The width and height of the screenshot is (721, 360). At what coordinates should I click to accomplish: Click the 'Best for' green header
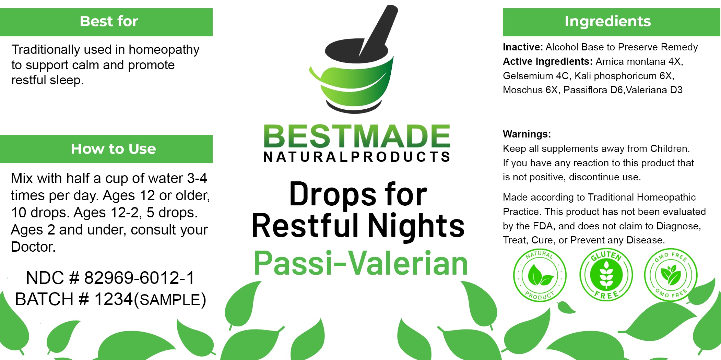[x=106, y=22]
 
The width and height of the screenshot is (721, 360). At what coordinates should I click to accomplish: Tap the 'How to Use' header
[x=106, y=149]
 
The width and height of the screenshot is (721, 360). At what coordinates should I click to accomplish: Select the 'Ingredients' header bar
[x=611, y=22]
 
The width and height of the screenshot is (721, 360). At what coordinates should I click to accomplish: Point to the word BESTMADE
[x=357, y=136]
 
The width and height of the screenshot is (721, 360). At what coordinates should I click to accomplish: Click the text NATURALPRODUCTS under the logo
[x=357, y=157]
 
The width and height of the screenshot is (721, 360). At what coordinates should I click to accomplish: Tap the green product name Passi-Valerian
[x=361, y=263]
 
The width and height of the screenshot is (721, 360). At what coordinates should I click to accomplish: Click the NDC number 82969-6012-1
[x=139, y=278]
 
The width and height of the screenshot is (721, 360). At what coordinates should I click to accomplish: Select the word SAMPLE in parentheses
[x=170, y=300]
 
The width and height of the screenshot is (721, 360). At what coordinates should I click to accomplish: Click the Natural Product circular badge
[x=540, y=275]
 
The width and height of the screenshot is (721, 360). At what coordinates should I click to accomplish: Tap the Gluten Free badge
[x=606, y=275]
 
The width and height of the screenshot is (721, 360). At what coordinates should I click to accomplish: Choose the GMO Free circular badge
[x=671, y=275]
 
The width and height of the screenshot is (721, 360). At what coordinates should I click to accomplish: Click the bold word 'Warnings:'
[x=527, y=134]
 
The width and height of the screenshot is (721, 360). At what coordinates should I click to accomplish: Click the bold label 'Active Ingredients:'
[x=548, y=61]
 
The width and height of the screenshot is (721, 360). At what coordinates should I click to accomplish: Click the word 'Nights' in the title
[x=416, y=226]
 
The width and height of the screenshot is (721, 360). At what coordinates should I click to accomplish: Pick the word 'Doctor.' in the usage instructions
[x=33, y=247]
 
